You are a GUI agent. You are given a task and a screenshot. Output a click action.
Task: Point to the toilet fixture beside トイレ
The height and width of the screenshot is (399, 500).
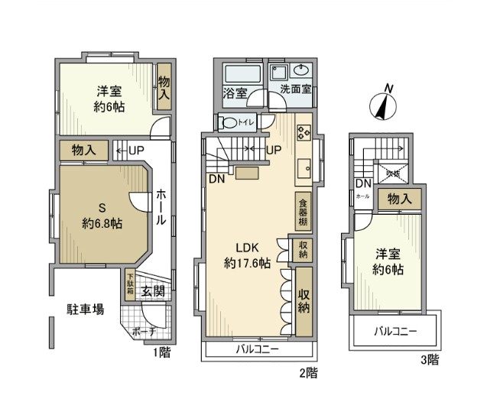[x=229, y=122]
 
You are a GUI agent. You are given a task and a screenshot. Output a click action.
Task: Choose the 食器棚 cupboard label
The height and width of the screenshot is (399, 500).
[x=303, y=211]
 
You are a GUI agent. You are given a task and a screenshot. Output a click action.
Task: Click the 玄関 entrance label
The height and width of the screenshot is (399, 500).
[x=153, y=290]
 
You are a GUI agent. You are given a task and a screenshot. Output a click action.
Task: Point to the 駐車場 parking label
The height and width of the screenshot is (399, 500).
[x=84, y=310]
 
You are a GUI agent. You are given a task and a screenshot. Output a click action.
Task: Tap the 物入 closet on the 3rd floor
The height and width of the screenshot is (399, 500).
[x=400, y=199]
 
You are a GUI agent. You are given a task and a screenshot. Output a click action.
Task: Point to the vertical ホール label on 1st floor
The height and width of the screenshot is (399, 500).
[x=161, y=206]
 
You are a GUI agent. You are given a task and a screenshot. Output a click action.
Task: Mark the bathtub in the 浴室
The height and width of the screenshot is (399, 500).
[x=239, y=73]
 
